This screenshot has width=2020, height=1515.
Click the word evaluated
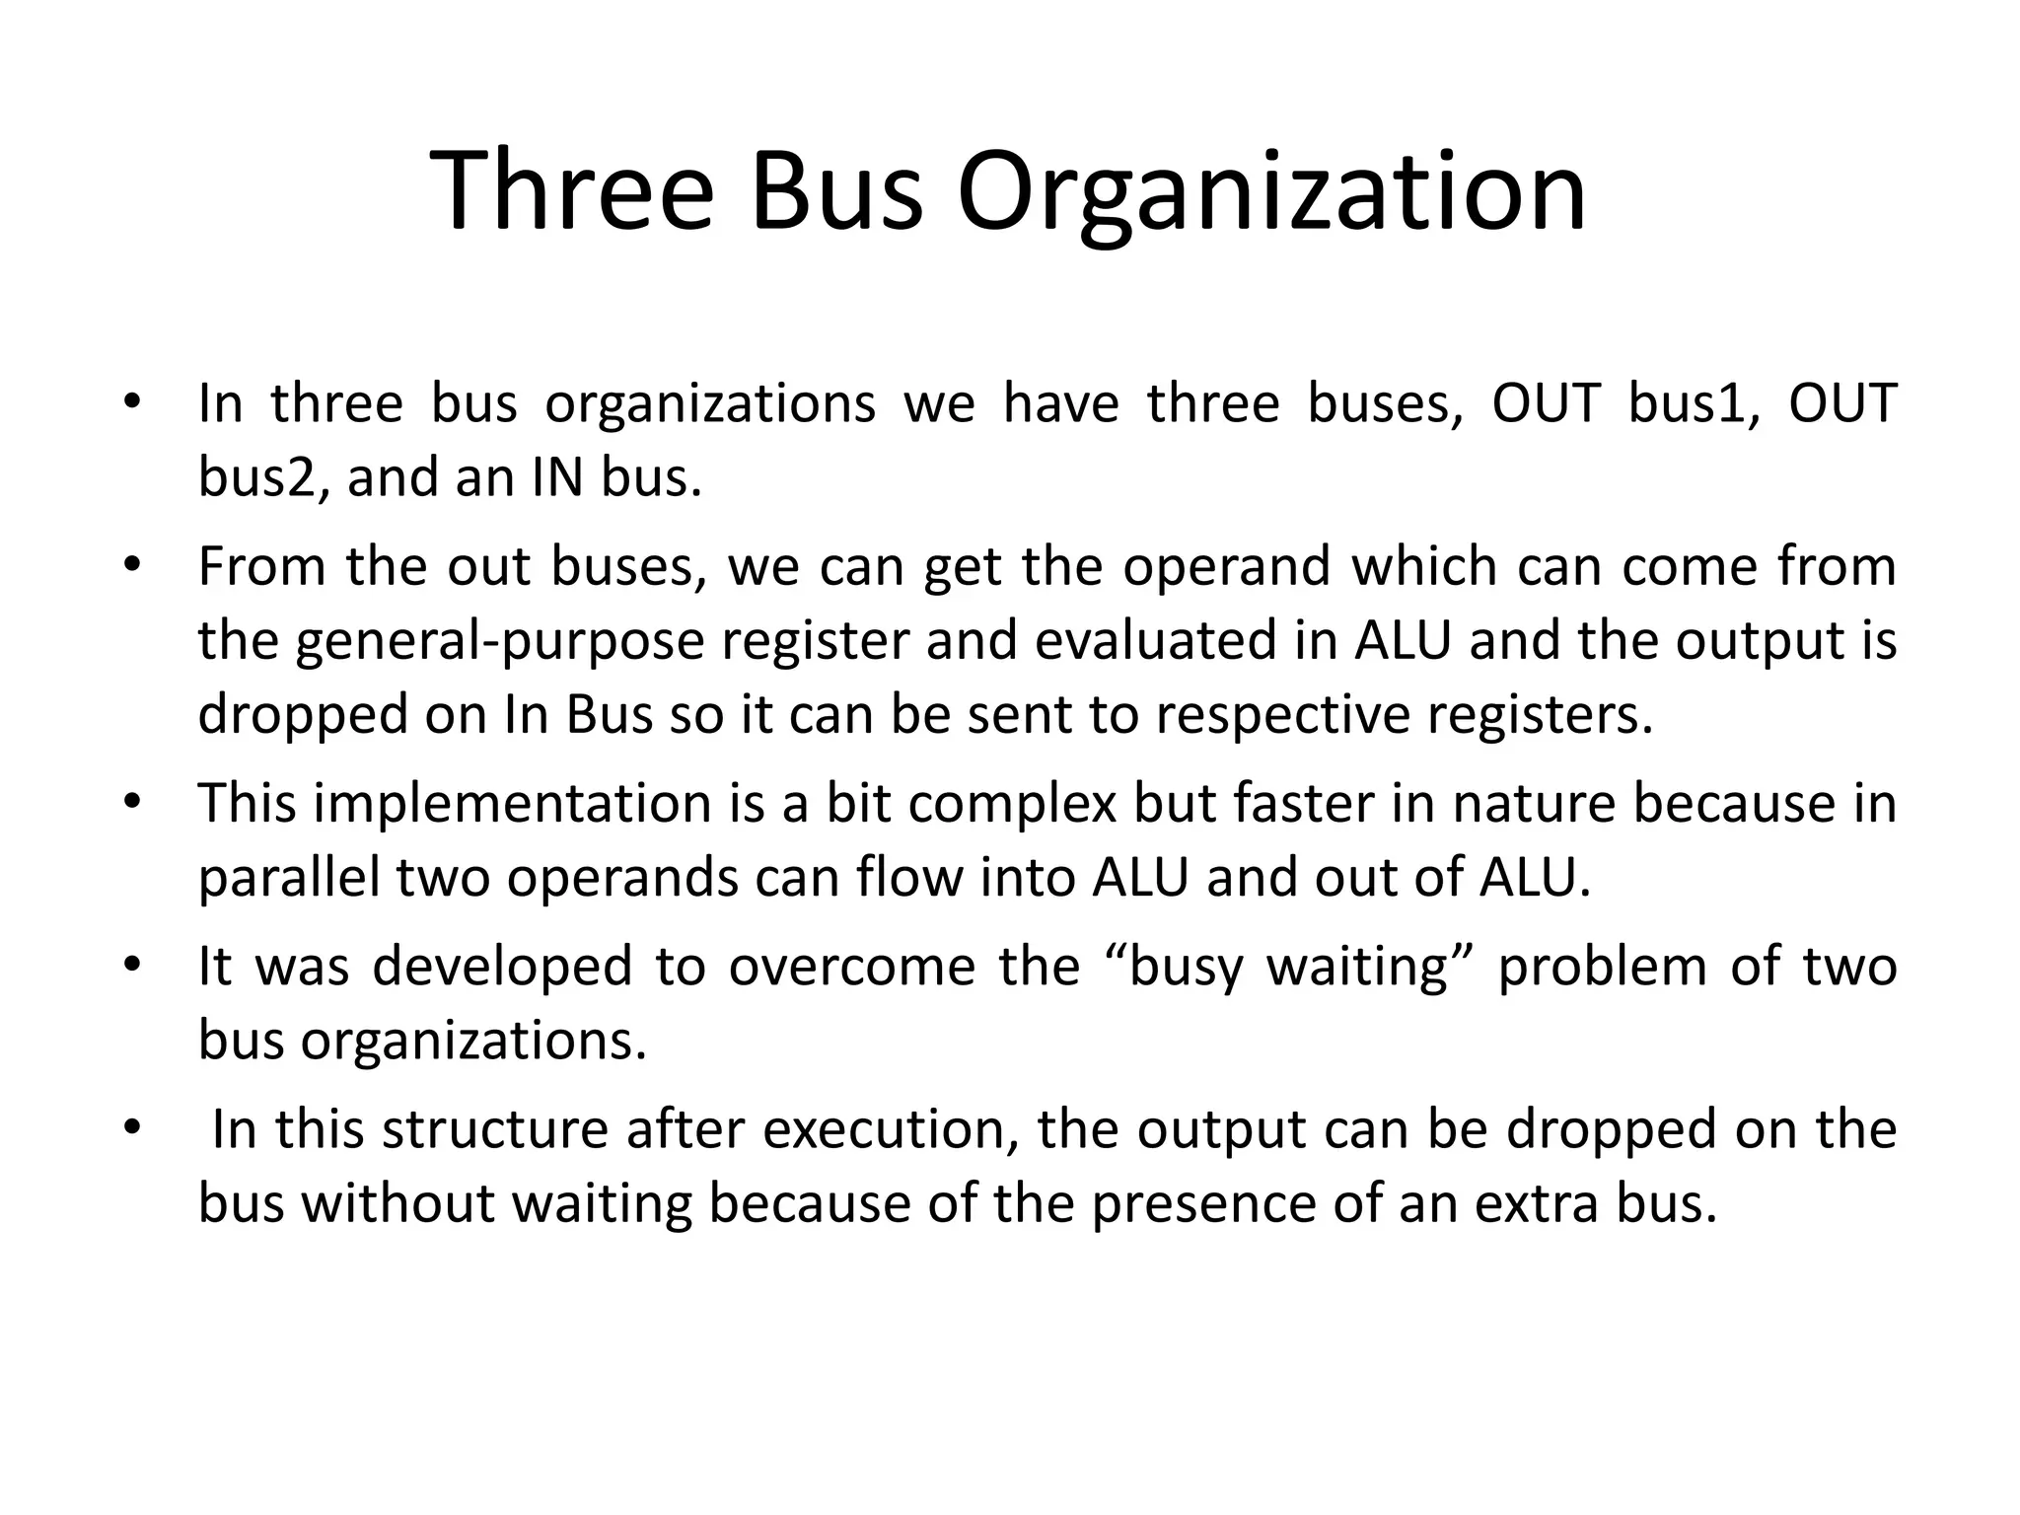click(1185, 640)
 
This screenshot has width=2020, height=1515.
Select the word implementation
click(513, 803)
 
